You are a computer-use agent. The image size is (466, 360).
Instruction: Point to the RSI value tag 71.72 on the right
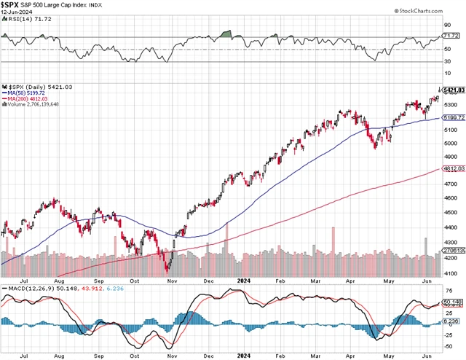(453, 36)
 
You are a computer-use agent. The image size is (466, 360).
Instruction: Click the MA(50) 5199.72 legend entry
(28, 93)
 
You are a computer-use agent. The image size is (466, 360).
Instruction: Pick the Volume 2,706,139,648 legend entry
(32, 105)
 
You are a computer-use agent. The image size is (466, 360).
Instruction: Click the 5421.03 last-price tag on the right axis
(453, 90)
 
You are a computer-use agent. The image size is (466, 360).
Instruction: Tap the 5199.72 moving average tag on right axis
(453, 118)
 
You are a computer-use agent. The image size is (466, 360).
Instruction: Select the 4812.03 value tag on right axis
(453, 169)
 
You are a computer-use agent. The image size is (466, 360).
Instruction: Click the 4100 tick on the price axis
(451, 273)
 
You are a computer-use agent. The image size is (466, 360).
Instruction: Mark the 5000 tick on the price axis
(451, 143)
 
